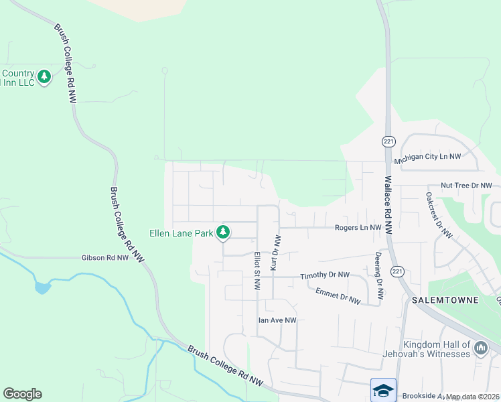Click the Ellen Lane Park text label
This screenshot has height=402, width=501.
tap(180, 234)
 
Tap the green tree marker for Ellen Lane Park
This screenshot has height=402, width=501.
tap(223, 232)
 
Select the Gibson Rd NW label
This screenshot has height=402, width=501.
tap(104, 257)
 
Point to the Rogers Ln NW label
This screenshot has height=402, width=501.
tap(358, 228)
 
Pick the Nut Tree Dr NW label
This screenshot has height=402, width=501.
tap(466, 185)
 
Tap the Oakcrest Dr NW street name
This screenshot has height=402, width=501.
tap(439, 216)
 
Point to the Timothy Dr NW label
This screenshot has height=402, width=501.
tap(325, 275)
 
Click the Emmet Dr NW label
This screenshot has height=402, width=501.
tap(338, 295)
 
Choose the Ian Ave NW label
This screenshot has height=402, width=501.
tap(277, 320)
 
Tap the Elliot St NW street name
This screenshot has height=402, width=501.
tap(257, 271)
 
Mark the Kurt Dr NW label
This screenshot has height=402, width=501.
tap(275, 253)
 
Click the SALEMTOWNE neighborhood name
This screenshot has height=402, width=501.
tap(446, 300)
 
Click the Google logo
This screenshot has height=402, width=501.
tap(22, 394)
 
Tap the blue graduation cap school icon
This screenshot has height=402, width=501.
tap(383, 390)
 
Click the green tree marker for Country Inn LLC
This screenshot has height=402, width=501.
tap(44, 77)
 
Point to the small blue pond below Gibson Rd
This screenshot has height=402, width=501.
tap(41, 287)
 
